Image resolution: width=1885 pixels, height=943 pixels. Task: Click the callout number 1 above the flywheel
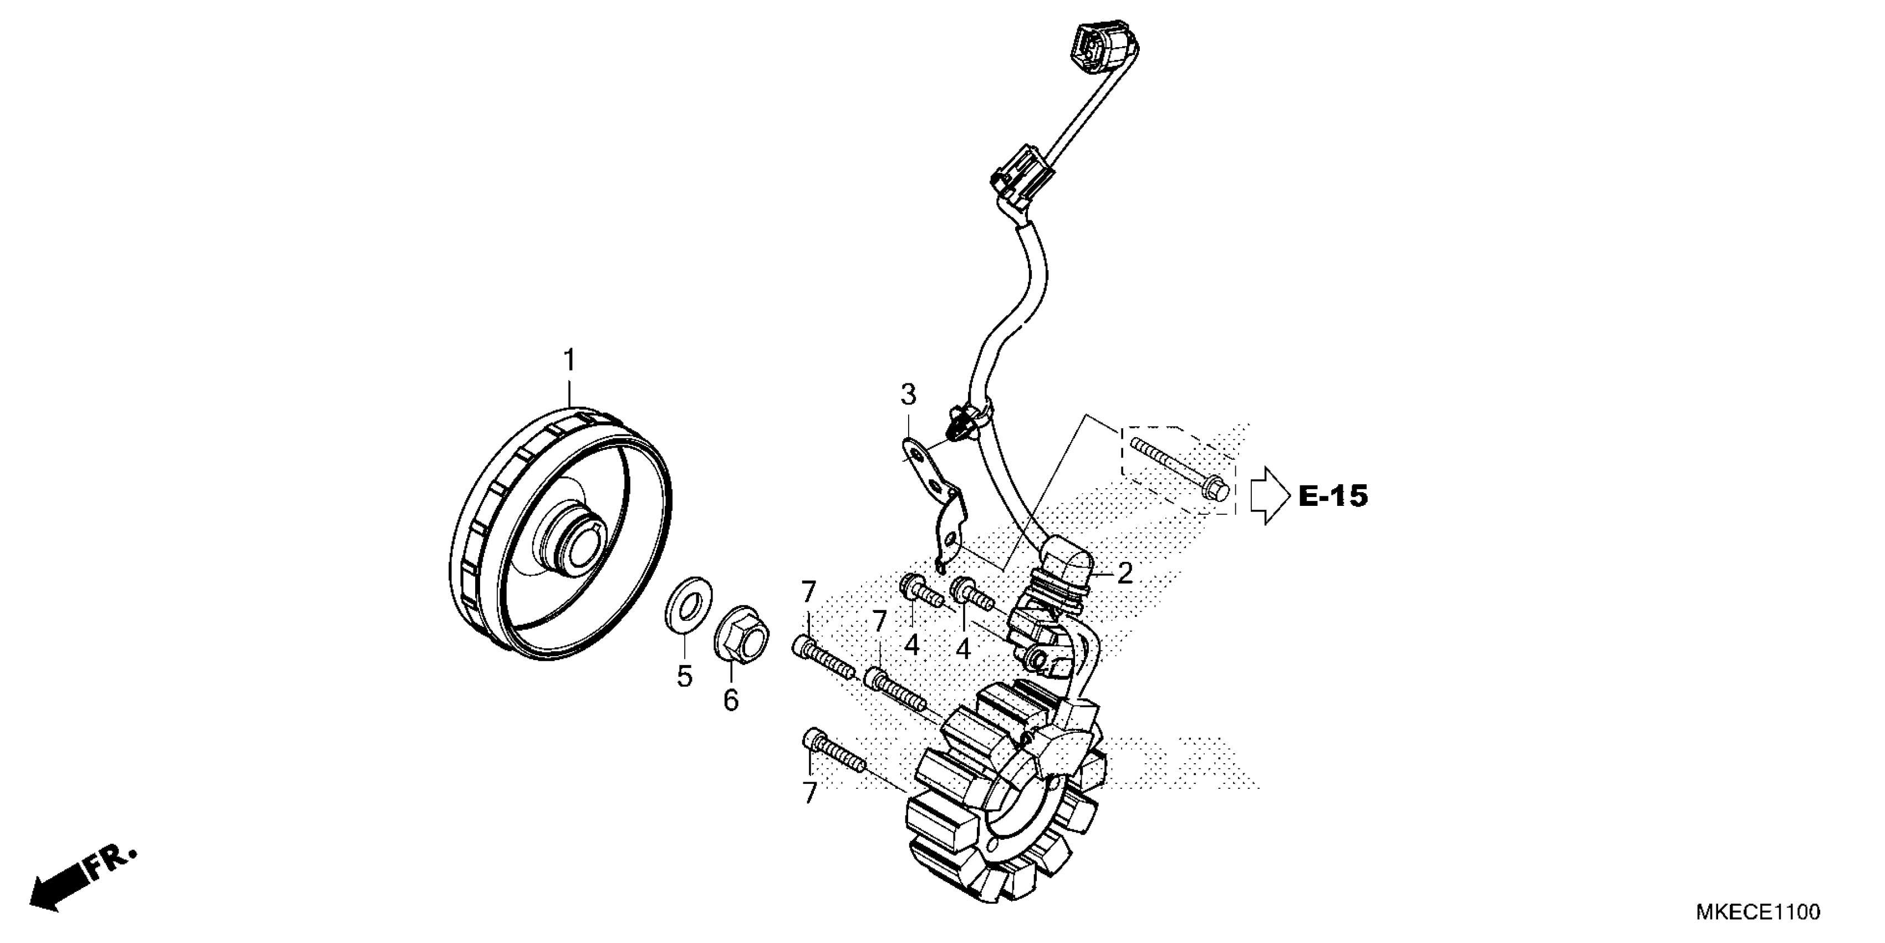point(569,361)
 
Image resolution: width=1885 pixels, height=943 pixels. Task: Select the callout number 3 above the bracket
point(908,396)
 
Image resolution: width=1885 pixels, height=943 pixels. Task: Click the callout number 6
point(731,700)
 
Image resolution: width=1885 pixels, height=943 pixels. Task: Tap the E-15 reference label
point(1332,497)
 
